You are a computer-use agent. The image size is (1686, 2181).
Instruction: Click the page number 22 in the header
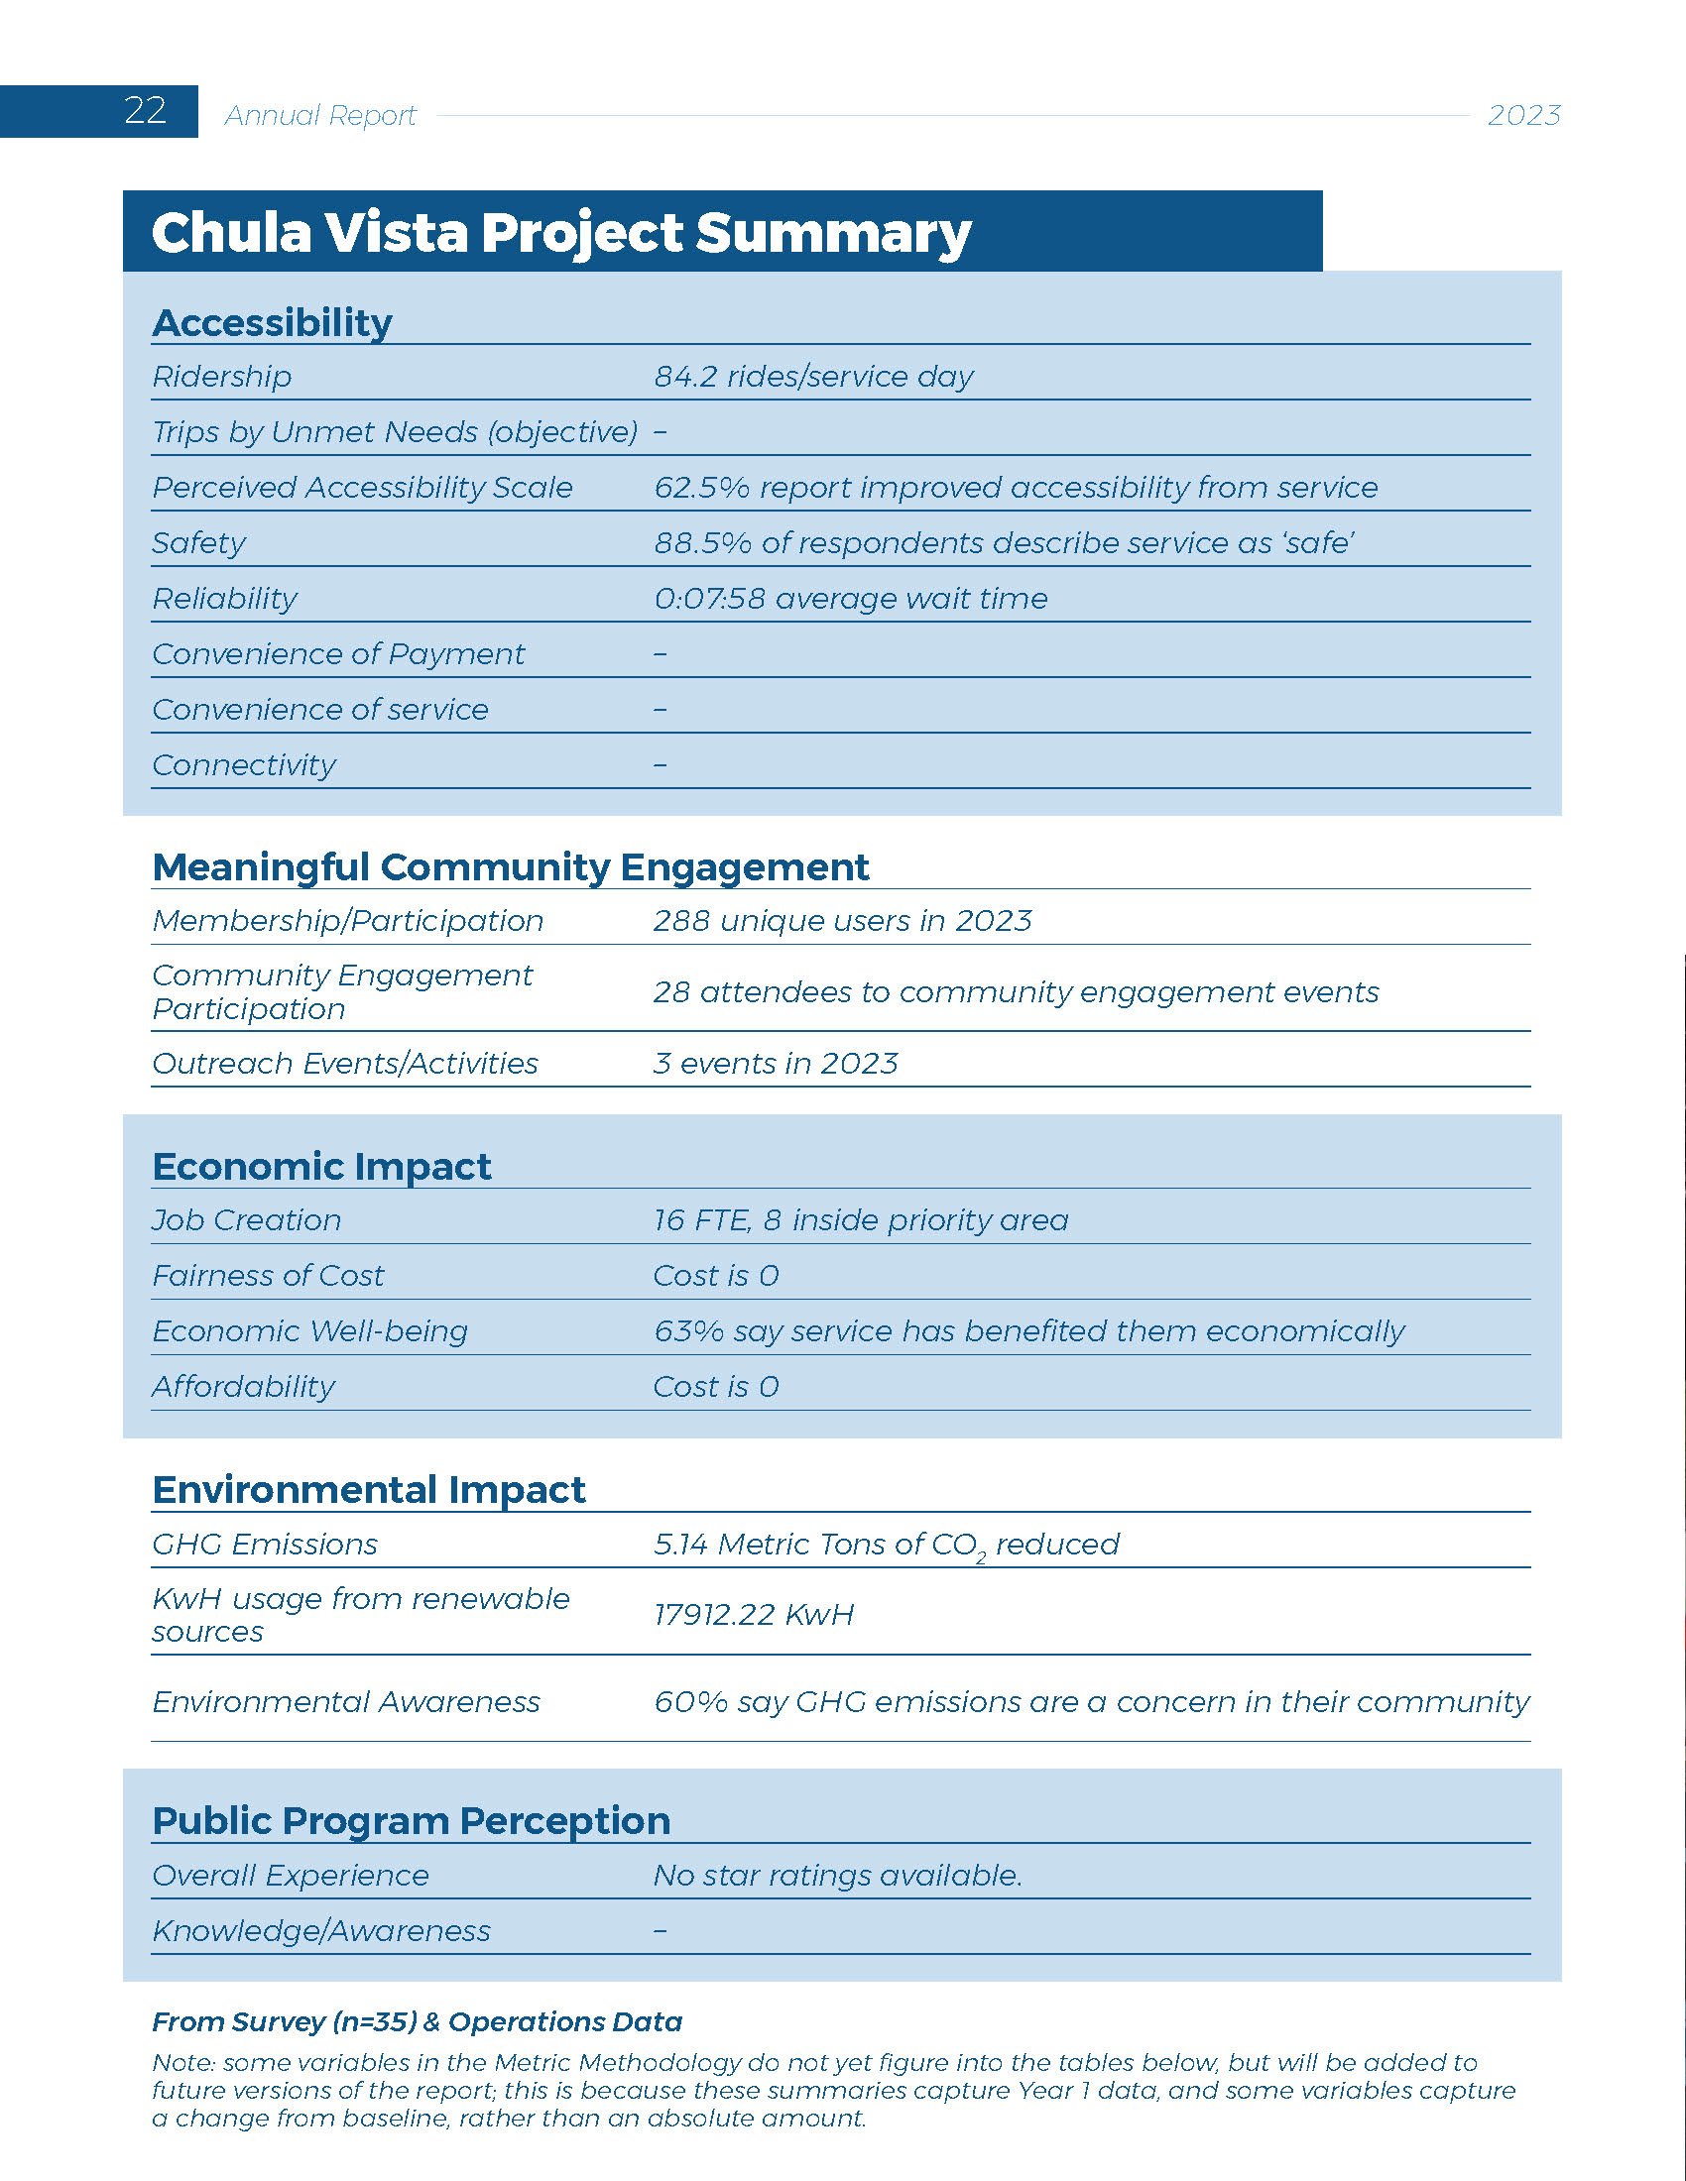[x=145, y=110]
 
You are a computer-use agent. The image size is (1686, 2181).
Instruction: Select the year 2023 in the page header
[x=1523, y=116]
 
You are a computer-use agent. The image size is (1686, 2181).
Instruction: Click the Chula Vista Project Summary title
[x=560, y=233]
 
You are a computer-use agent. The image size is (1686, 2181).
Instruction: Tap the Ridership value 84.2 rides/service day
[x=813, y=377]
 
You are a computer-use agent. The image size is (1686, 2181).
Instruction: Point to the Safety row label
[x=198, y=543]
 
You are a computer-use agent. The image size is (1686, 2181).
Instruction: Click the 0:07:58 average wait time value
[x=850, y=599]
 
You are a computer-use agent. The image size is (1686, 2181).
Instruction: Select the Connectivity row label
[x=244, y=766]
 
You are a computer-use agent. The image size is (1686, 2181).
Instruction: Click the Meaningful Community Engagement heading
[x=511, y=866]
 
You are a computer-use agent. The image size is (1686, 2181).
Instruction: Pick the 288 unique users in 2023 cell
[x=842, y=921]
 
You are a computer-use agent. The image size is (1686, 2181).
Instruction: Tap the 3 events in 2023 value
[x=776, y=1064]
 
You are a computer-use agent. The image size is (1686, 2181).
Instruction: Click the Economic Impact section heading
[x=321, y=1167]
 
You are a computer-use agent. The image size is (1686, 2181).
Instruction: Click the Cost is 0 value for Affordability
[x=715, y=1387]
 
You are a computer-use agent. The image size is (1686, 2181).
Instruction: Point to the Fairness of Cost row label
[x=268, y=1276]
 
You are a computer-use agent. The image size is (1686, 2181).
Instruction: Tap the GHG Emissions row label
[x=265, y=1545]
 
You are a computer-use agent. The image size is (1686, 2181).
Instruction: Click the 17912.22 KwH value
[x=753, y=1615]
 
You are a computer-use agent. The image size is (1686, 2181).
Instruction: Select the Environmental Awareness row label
[x=345, y=1701]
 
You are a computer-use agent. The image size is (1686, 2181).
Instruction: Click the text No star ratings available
[x=837, y=1876]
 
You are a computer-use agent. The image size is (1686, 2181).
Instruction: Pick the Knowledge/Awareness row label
[x=320, y=1931]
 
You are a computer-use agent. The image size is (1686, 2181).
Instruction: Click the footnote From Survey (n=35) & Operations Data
[x=417, y=2022]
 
